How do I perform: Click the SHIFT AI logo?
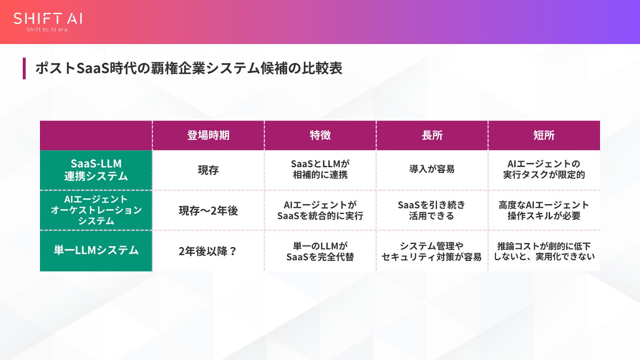click(48, 19)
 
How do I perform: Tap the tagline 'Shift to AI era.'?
click(48, 30)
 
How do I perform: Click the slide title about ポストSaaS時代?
click(189, 68)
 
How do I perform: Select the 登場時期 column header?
click(208, 135)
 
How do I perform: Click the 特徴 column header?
click(320, 135)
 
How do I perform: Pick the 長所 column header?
click(432, 135)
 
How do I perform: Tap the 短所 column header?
click(544, 135)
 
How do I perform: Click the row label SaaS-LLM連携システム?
click(96, 170)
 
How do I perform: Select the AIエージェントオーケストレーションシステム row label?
click(96, 210)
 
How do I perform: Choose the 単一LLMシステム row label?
click(96, 250)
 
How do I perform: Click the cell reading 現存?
click(208, 170)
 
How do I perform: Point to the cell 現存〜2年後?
click(208, 211)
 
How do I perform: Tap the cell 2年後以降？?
click(208, 251)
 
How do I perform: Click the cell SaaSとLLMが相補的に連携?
click(320, 169)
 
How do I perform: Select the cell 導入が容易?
click(432, 169)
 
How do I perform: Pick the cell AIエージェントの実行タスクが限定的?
click(544, 169)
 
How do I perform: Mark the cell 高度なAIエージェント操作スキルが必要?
click(544, 210)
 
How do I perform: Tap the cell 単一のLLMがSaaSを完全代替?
click(320, 251)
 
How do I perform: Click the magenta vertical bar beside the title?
click(24, 68)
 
